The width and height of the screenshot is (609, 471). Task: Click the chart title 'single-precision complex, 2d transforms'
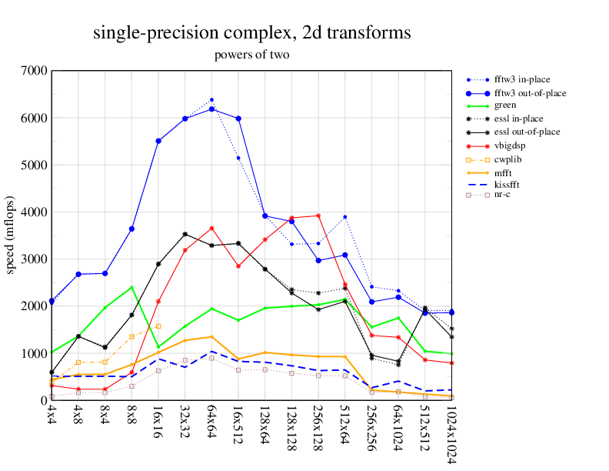(251, 33)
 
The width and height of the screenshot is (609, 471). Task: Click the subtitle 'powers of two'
(251, 55)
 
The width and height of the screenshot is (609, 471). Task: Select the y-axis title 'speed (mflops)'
(11, 235)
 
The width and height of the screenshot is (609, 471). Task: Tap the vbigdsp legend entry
(511, 145)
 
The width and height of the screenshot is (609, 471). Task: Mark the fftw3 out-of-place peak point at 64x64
(211, 109)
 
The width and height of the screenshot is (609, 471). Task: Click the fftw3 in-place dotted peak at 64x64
(211, 100)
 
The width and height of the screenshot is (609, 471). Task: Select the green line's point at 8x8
(131, 288)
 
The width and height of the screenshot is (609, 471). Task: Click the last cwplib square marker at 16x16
(158, 326)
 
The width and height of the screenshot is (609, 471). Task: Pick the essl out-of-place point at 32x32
(185, 234)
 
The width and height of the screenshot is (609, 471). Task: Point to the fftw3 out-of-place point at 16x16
(158, 141)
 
